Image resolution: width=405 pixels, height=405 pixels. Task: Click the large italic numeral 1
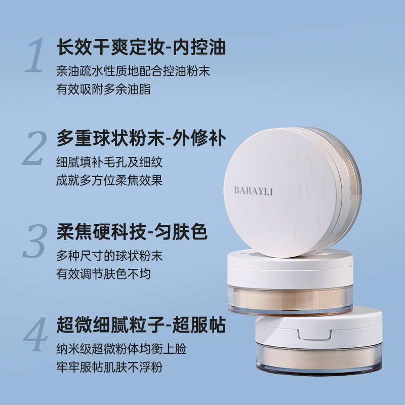point(35,55)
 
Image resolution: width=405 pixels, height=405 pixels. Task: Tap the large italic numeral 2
point(35,148)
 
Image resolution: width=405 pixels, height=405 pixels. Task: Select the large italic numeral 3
point(35,241)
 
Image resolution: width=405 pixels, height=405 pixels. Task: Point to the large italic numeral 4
point(35,334)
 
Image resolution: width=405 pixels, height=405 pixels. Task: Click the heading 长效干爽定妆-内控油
point(141,47)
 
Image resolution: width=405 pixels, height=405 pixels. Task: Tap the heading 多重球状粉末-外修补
point(141,138)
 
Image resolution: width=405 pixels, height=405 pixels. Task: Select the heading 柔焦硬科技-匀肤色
point(132,231)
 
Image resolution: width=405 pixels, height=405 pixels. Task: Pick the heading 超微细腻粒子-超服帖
point(141,325)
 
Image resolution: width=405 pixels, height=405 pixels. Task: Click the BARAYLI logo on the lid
point(254,191)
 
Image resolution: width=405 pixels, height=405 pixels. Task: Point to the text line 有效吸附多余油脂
point(103,90)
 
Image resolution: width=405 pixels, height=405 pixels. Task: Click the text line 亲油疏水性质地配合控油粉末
point(133,71)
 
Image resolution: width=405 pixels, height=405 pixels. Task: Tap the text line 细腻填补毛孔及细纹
point(109,162)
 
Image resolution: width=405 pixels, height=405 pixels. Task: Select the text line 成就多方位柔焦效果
point(109,180)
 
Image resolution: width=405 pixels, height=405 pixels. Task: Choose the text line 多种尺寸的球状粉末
point(109,256)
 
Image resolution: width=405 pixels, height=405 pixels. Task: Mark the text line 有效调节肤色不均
point(103,274)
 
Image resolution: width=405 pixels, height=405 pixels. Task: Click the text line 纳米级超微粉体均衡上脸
point(121,349)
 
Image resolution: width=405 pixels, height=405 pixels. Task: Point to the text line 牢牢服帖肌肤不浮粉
point(109,367)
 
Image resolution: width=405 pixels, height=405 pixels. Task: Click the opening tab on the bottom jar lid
point(314,335)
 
